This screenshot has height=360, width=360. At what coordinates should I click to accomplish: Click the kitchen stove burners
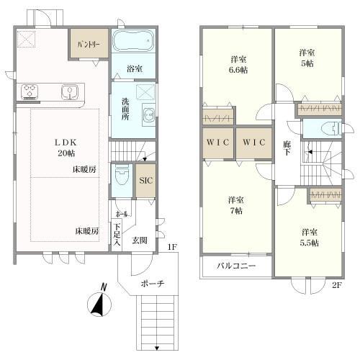click(30, 91)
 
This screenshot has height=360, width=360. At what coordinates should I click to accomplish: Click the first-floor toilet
click(121, 176)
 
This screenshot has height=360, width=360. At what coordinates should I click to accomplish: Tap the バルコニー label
click(236, 267)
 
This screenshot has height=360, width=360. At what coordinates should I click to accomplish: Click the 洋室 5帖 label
click(307, 58)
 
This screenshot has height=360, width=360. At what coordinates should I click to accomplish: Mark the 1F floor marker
click(171, 248)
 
